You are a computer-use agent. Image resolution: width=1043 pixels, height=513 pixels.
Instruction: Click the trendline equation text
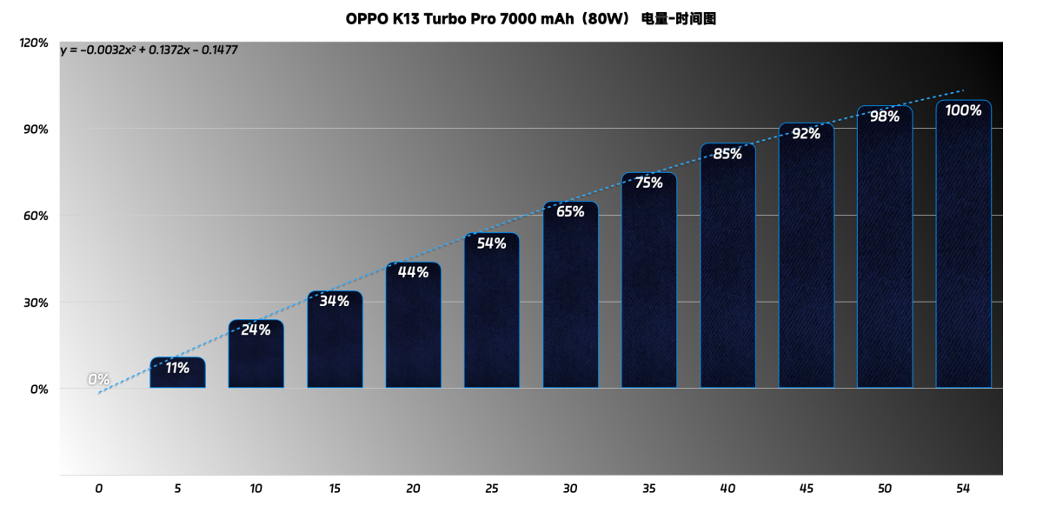point(149,50)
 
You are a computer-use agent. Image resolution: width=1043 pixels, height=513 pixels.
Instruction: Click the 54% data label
point(491,243)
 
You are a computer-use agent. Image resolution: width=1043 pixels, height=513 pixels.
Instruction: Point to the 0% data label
point(98,379)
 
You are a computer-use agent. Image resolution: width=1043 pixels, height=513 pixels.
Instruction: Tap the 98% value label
point(884,117)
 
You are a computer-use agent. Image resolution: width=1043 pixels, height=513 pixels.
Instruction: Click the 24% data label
point(256,330)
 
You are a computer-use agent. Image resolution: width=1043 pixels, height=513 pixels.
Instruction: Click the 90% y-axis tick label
point(37,129)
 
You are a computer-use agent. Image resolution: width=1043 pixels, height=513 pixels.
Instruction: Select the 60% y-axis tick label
point(37,216)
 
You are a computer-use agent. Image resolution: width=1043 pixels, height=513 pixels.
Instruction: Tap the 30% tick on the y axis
point(37,303)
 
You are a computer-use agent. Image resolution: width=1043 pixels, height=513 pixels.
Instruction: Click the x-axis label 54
point(962,489)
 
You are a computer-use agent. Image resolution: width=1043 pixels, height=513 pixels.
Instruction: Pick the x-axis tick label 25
point(491,489)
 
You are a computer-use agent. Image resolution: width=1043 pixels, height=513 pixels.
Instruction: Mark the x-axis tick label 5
point(177,489)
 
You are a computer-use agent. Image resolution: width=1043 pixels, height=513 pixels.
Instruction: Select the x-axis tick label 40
point(727,489)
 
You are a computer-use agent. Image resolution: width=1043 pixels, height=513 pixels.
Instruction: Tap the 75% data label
point(648,183)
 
